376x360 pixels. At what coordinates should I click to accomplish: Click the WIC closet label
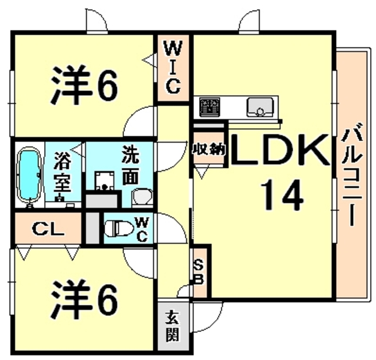pos(173,67)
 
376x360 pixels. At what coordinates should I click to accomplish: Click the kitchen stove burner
pos(210,107)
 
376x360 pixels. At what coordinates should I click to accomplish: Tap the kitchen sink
pos(260,107)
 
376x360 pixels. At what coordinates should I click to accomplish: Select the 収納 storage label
pos(209,150)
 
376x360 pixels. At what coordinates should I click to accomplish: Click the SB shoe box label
pos(199,272)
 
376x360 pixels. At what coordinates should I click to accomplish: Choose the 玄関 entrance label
pos(173,325)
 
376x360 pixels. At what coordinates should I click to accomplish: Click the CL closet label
pos(48,229)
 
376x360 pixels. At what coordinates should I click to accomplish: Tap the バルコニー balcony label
pos(351,174)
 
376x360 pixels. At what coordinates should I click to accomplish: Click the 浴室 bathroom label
pos(62,172)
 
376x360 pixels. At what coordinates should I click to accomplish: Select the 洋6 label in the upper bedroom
pos(84,85)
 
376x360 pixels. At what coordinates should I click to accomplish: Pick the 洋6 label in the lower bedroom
pos(84,299)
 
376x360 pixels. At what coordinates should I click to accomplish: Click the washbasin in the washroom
pos(143,196)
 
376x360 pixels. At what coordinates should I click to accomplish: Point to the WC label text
pos(142,229)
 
